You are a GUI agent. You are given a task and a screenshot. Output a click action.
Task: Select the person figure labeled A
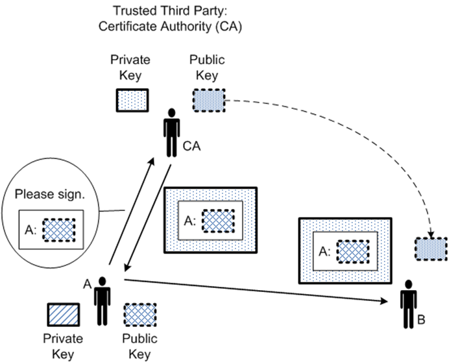click(102, 300)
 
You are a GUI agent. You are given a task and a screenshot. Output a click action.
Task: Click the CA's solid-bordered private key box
click(132, 101)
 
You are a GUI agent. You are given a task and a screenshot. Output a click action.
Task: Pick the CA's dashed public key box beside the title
click(208, 101)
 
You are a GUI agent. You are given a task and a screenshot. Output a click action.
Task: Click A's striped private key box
click(63, 314)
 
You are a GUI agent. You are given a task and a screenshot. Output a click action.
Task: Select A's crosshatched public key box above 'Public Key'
click(140, 314)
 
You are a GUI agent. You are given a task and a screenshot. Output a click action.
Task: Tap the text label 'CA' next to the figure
click(191, 147)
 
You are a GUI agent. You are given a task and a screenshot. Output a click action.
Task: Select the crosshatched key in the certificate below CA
click(218, 221)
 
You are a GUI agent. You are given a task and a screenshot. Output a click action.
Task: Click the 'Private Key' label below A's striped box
click(62, 346)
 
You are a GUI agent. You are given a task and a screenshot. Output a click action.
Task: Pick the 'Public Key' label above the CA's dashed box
click(207, 67)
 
